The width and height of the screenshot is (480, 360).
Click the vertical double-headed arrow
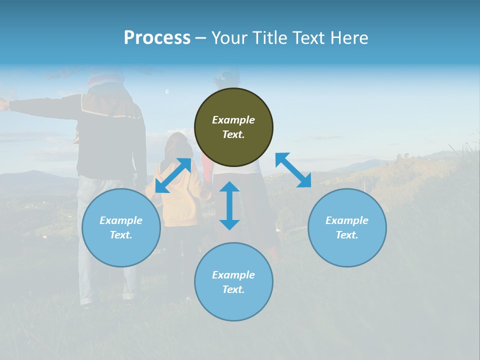click(229, 205)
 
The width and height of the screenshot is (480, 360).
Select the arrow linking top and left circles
click(173, 175)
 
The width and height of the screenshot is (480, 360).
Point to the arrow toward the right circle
click(293, 170)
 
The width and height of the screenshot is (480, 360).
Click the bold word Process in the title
click(157, 38)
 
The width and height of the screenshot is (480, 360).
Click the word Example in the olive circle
click(233, 120)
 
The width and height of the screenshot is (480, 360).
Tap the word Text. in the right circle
click(347, 235)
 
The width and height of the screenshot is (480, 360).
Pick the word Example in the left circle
click(121, 220)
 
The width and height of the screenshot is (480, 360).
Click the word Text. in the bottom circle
click(233, 289)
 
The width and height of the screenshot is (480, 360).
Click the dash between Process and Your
click(201, 38)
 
